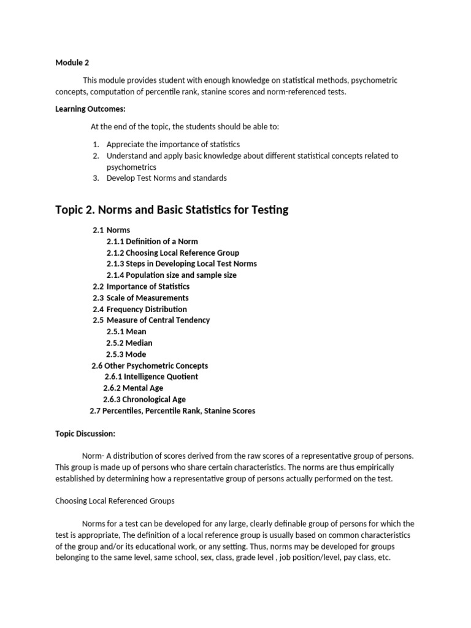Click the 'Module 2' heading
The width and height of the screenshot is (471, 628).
pos(73,62)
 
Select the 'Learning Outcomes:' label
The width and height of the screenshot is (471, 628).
pos(90,109)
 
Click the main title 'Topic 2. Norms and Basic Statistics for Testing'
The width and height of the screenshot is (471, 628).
pos(172,210)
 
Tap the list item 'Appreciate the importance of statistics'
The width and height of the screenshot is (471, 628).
pos(173,144)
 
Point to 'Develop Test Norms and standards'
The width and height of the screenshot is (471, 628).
pos(166,178)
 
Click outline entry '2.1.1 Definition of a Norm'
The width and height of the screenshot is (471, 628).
pos(152,241)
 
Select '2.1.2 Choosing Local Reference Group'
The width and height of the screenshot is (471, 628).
pos(172,253)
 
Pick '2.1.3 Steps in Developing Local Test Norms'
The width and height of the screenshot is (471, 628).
pos(182,264)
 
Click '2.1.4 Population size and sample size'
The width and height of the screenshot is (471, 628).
pos(171,275)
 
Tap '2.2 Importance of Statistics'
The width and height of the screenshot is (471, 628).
pos(141,286)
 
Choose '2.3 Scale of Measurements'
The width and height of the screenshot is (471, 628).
pos(140,298)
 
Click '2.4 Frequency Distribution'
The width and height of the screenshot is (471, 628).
pos(140,309)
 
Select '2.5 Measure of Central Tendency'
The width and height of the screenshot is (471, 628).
pos(151,320)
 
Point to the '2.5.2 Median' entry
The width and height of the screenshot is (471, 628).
pos(129,343)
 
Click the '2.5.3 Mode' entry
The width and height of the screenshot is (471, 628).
pos(126,354)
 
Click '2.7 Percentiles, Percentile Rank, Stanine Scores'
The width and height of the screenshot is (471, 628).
pos(172,411)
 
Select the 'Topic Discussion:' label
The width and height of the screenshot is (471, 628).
pos(85,434)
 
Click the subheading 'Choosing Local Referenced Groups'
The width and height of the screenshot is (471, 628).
pos(115,501)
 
